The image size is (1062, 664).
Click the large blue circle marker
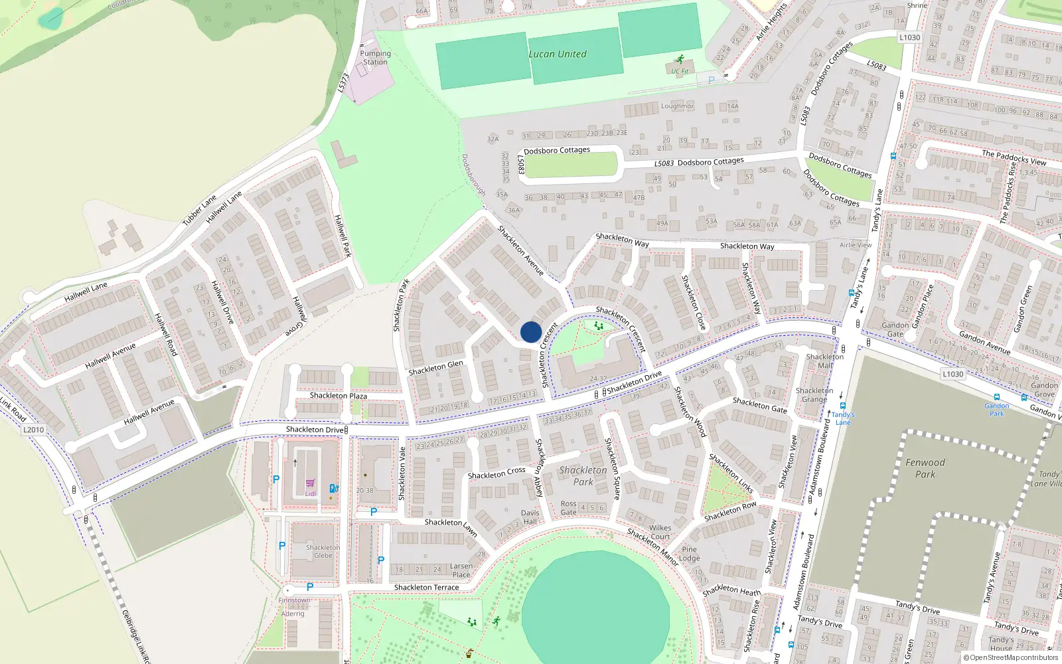(x=531, y=332)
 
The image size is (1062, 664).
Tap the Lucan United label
(x=558, y=54)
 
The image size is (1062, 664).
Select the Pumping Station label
(x=375, y=58)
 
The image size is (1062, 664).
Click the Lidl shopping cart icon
(x=310, y=483)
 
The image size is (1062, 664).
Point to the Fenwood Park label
(x=925, y=468)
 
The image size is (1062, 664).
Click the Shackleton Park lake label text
(x=583, y=475)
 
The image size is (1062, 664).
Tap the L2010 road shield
(x=33, y=430)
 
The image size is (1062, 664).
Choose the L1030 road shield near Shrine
(x=910, y=37)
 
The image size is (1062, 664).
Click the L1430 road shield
(x=952, y=374)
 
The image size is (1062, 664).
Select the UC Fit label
(x=680, y=71)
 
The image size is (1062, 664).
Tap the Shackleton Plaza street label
(x=339, y=396)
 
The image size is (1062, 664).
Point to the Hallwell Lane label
(x=86, y=291)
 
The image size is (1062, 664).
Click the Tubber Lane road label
(x=200, y=210)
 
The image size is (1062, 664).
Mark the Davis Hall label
(x=530, y=517)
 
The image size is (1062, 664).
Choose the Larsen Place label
(x=461, y=570)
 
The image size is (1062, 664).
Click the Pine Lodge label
(x=690, y=554)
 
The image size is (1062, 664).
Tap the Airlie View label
(x=856, y=245)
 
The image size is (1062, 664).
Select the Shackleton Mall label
(x=825, y=361)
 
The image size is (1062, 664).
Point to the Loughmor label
(x=677, y=106)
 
